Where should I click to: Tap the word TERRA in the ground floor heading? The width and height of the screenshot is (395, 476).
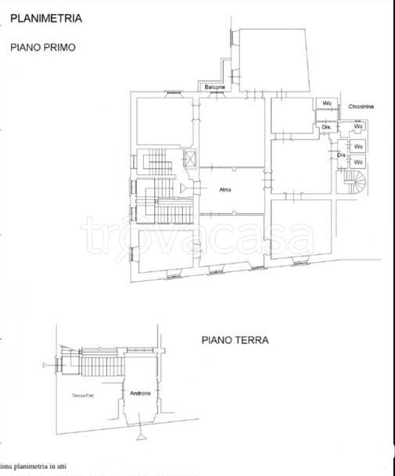coord(251,340)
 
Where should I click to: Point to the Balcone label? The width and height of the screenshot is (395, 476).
coord(216,87)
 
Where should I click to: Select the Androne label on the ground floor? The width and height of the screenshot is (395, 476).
coord(141,393)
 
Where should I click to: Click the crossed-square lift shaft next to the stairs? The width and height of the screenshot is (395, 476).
coord(189,159)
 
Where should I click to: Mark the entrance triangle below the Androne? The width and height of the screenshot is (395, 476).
coord(139,430)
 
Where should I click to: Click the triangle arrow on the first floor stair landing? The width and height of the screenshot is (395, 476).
coord(183,188)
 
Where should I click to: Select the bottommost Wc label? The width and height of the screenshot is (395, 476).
coord(357,162)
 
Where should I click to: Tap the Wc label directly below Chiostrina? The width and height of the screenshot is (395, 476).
coord(357,126)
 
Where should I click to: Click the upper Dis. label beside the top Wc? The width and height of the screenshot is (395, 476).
coord(326,126)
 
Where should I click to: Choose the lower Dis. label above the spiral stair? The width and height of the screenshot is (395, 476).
coord(341,155)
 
